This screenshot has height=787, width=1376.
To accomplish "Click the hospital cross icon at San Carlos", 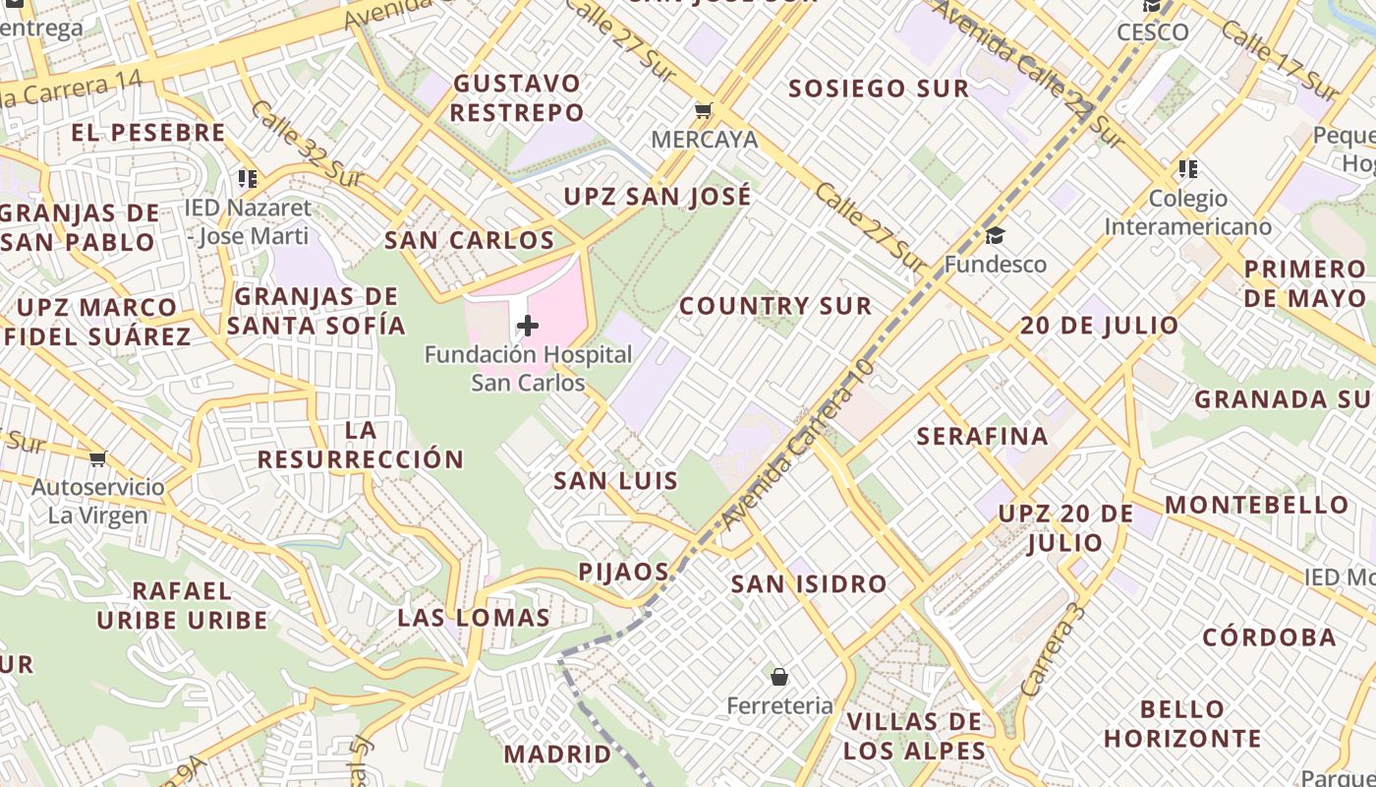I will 528,326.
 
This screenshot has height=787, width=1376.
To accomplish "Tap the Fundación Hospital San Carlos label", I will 528,369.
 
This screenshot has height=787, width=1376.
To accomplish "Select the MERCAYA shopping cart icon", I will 703,110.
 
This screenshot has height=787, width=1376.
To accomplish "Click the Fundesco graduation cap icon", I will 995,235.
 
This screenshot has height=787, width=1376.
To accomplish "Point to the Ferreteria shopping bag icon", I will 779,677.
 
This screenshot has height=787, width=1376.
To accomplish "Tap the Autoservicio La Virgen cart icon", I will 97,458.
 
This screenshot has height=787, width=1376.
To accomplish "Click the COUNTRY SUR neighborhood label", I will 775,306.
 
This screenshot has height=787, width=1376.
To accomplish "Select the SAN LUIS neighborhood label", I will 615,481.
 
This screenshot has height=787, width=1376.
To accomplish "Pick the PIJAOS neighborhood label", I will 624,572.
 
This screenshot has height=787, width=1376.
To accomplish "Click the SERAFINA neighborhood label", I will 982,436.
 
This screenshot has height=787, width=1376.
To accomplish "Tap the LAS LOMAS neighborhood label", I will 474,618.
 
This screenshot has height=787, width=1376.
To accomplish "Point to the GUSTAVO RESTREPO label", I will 517,97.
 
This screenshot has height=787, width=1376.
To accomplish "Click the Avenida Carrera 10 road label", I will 797,446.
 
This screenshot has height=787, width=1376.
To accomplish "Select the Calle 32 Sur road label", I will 306,145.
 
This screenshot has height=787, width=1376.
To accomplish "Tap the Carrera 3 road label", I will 1053,650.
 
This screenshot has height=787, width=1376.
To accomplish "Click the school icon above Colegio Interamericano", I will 1188,169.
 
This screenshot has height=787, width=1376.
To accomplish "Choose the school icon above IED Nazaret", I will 247,179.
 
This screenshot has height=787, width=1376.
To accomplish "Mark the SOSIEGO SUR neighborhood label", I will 879,89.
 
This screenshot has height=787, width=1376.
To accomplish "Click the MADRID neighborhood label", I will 557,755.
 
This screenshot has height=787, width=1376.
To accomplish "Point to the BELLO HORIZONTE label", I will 1182,723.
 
